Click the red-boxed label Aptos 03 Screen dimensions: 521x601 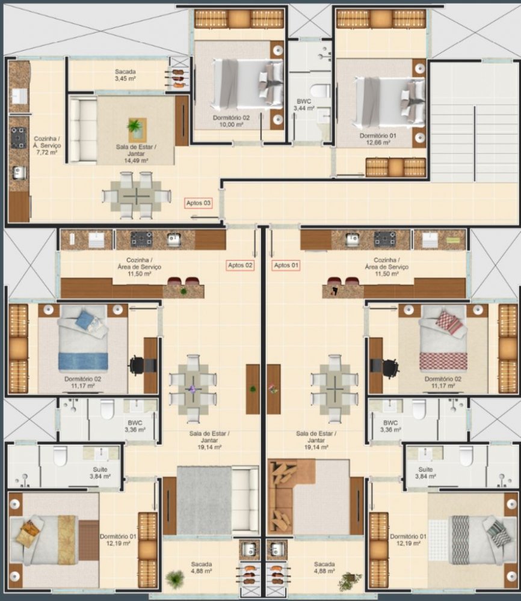tap(198, 203)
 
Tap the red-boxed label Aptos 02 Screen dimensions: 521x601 tap(240, 265)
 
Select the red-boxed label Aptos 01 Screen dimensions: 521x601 tap(286, 265)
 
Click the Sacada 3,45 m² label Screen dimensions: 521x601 tap(125, 75)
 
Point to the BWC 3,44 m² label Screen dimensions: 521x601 tap(304, 105)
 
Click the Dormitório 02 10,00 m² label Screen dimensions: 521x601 tap(231, 121)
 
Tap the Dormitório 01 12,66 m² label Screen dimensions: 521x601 tap(378, 139)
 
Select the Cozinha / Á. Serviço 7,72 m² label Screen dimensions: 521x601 tap(47, 145)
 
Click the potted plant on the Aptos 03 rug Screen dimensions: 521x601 tap(135, 126)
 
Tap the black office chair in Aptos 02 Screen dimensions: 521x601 tap(138, 365)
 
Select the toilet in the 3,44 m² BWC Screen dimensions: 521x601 tap(320, 91)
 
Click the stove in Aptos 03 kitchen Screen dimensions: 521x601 tap(18, 138)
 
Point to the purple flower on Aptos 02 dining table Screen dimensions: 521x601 tap(193, 389)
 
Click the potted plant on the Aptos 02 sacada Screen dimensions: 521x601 tap(175, 579)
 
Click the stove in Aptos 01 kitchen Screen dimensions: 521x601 tap(385, 239)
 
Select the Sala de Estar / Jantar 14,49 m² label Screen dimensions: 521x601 tap(136, 154)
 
